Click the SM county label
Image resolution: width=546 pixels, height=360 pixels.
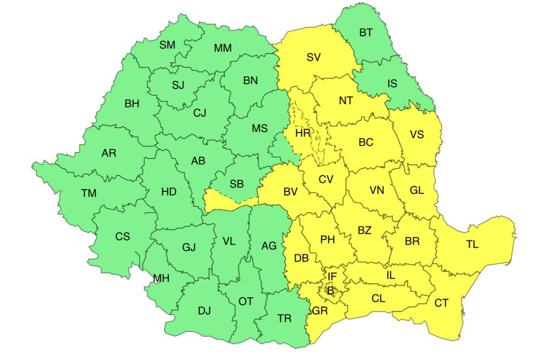pos(167,45)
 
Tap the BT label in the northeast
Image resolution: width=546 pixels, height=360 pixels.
pos(365,33)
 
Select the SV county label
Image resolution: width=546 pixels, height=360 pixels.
pos(314,57)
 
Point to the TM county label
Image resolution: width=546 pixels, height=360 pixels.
pos(89,193)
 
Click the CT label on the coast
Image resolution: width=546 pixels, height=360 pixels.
pos(441,303)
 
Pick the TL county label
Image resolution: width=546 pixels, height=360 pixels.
pos(472,244)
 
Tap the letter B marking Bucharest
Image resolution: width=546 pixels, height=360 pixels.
pos(330,291)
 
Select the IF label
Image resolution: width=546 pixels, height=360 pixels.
pos(332,277)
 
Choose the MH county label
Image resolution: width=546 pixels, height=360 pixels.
pos(161,278)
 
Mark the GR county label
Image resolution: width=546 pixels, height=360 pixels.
pos(320,311)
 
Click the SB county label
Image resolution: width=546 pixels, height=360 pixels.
pos(237,184)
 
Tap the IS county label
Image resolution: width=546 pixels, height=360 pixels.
pos(392,83)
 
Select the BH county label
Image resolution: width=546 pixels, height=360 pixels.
pos(132,104)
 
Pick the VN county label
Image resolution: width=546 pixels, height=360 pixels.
pos(377,190)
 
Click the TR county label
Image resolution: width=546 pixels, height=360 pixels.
pos(285,318)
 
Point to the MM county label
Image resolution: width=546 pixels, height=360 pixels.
pos(223,48)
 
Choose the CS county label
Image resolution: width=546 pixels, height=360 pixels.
pos(123,236)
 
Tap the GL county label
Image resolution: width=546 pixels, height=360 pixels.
pos(417,190)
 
